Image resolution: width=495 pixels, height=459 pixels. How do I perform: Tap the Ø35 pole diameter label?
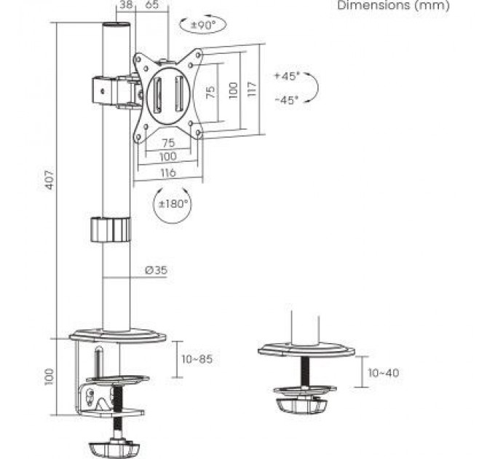pos(156,270)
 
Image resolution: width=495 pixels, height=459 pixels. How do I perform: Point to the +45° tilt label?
pos(287,76)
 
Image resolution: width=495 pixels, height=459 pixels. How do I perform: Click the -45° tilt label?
pos(287,101)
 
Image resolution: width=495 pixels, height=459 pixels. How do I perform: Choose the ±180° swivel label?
pos(173,203)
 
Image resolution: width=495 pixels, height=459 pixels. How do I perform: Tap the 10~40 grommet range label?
pos(383,373)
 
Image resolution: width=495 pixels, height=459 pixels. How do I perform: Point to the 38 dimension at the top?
pos(124,5)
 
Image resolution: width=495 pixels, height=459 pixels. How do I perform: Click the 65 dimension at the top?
pos(152,5)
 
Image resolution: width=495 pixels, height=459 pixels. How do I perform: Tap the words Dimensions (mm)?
pos(393,6)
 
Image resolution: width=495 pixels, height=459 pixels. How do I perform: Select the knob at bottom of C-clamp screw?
pos(116,445)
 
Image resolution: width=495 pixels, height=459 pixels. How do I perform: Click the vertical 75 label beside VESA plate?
pos(210,92)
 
